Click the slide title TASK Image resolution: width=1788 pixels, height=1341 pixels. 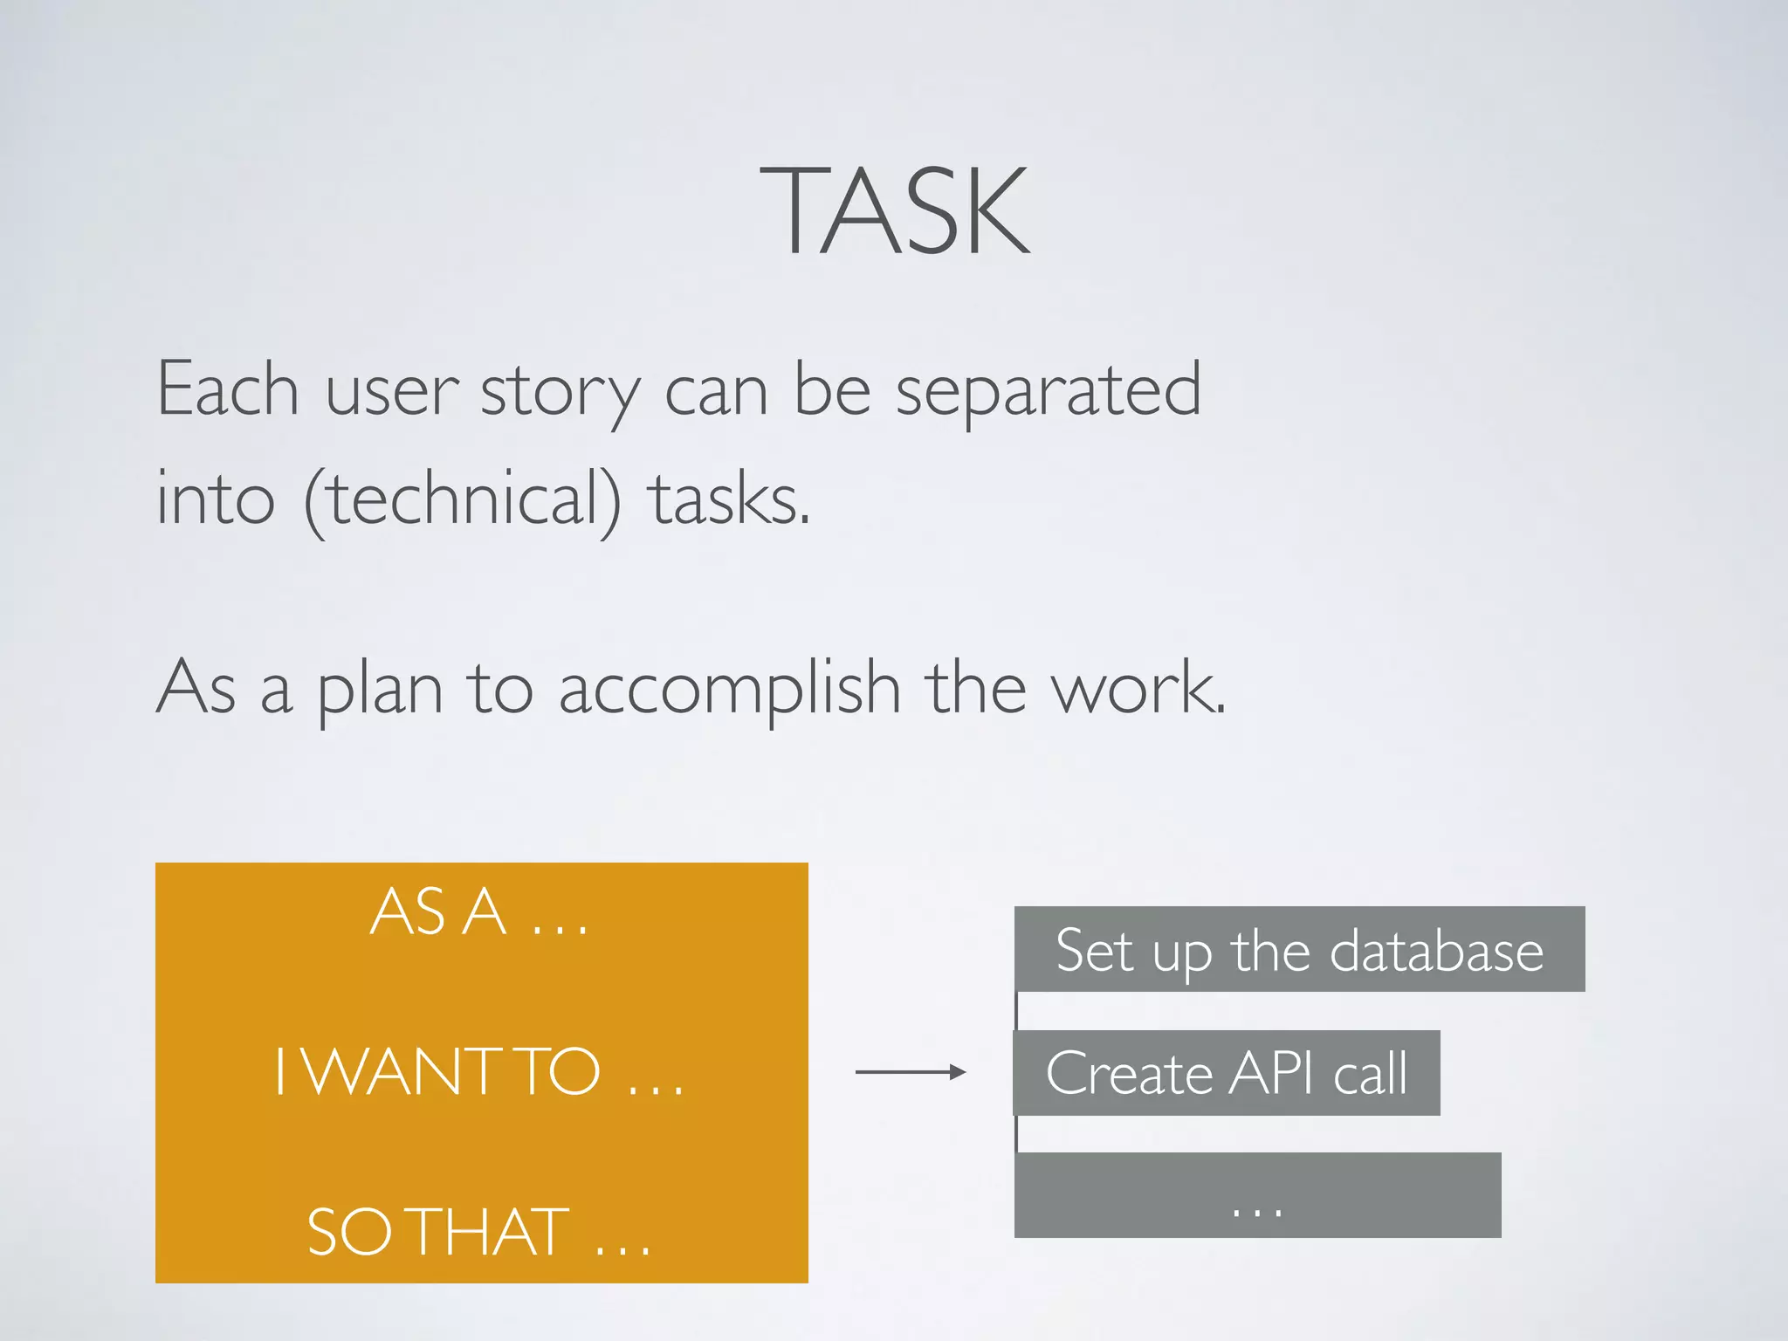click(x=894, y=211)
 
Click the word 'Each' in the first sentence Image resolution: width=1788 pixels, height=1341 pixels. click(x=228, y=389)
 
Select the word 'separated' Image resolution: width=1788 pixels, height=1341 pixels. click(x=1048, y=391)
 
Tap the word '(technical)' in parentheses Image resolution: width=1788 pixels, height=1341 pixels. click(x=463, y=500)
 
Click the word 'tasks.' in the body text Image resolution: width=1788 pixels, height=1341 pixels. click(x=731, y=500)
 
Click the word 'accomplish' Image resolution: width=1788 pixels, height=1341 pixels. click(x=729, y=691)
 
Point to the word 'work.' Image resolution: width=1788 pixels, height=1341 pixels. click(x=1138, y=689)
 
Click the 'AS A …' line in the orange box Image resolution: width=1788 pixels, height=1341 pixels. click(x=479, y=912)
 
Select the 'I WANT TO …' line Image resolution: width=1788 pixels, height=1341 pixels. click(x=479, y=1072)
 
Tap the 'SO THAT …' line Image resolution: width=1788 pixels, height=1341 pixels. click(x=479, y=1232)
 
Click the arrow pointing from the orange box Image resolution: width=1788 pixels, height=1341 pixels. click(x=910, y=1072)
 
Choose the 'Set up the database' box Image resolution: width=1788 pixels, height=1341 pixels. click(x=1299, y=949)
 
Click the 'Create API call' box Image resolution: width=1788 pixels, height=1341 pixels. click(x=1226, y=1073)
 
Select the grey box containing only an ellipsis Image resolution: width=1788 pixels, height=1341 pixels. click(x=1257, y=1195)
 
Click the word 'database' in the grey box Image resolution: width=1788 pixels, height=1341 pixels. click(x=1436, y=951)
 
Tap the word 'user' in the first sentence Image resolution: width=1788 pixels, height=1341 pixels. click(x=391, y=391)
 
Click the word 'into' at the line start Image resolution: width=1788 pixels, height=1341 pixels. click(x=215, y=500)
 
